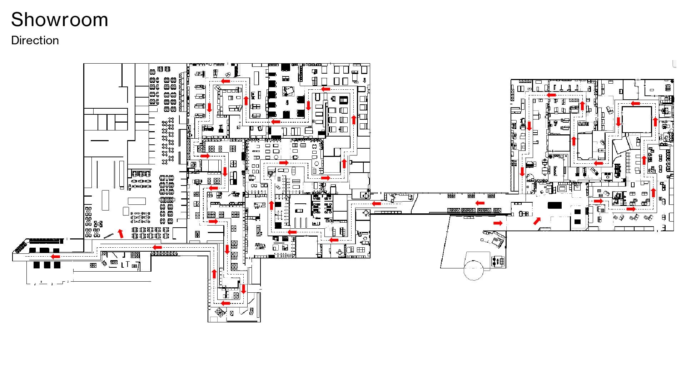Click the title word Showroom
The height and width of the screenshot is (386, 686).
[x=60, y=20]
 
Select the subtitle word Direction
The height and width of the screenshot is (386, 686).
[x=35, y=40]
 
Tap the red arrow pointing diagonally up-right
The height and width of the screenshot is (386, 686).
[x=537, y=221]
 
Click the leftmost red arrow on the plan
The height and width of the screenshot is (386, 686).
[x=55, y=256]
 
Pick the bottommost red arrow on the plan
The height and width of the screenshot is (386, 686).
[x=225, y=303]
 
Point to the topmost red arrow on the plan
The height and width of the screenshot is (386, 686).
[x=225, y=81]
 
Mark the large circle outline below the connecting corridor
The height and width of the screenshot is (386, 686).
[x=473, y=270]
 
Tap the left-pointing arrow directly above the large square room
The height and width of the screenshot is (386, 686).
[x=635, y=104]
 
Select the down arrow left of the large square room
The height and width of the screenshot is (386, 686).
[x=619, y=122]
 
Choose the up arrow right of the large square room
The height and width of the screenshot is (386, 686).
[x=655, y=122]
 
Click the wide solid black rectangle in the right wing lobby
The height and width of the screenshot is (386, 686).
[x=555, y=205]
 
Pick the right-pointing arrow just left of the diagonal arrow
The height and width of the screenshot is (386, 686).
[x=498, y=223]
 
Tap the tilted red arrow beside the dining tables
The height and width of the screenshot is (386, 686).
[x=121, y=233]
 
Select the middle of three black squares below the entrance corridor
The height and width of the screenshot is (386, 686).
[x=47, y=265]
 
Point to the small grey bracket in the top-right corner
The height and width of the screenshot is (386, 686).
[x=674, y=64]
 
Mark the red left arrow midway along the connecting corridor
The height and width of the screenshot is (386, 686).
[x=480, y=203]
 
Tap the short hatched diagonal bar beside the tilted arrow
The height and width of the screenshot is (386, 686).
[x=109, y=236]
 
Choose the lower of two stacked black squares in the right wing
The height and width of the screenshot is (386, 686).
[x=577, y=222]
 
